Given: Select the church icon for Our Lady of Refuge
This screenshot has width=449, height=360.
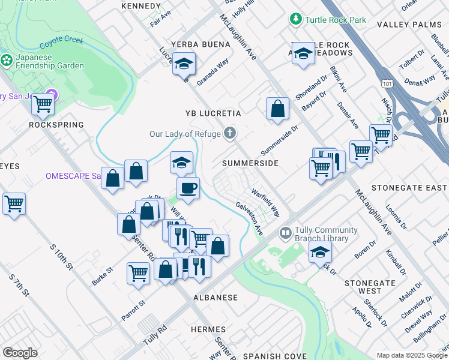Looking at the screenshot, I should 229,133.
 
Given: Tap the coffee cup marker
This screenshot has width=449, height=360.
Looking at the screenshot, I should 188,188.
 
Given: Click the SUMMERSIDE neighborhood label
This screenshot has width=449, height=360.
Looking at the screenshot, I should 250,163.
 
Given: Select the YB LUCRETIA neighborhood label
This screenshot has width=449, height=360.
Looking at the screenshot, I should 213,113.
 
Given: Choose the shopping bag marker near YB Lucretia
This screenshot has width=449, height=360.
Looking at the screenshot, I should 277,109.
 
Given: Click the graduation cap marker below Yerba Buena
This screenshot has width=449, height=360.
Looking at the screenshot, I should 184,64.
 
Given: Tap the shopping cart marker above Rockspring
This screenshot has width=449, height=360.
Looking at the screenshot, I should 43,104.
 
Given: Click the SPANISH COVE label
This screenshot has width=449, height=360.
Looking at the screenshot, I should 274,356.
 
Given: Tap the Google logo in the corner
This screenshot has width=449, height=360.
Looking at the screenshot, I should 20,353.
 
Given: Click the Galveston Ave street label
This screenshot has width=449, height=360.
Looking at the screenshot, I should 249,217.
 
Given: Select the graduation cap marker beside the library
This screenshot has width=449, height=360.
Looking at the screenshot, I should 321,253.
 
